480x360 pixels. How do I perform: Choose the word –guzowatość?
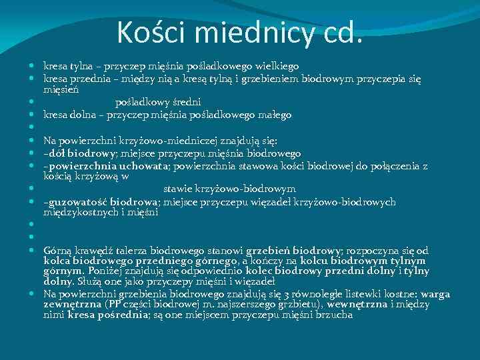pos(73,202)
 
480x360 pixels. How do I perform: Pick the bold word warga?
pos(435,293)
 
